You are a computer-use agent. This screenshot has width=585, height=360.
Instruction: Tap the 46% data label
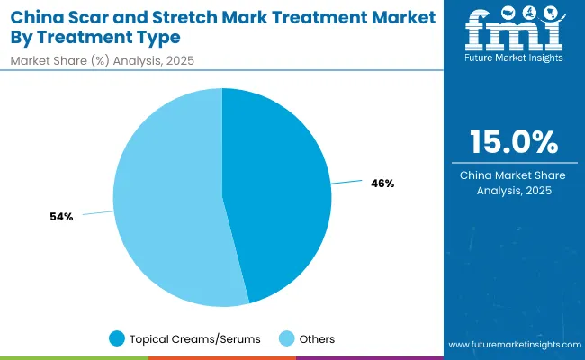(382, 184)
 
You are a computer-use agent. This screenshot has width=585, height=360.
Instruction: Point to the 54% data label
(61, 217)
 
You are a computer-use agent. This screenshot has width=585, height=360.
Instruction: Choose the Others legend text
(317, 338)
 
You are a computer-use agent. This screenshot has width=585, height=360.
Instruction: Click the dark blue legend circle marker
(116, 338)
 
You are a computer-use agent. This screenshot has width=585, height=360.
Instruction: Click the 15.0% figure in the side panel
(514, 142)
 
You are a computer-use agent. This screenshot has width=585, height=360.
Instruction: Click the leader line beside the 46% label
(346, 183)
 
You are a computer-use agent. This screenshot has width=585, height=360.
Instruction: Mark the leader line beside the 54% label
(96, 213)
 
